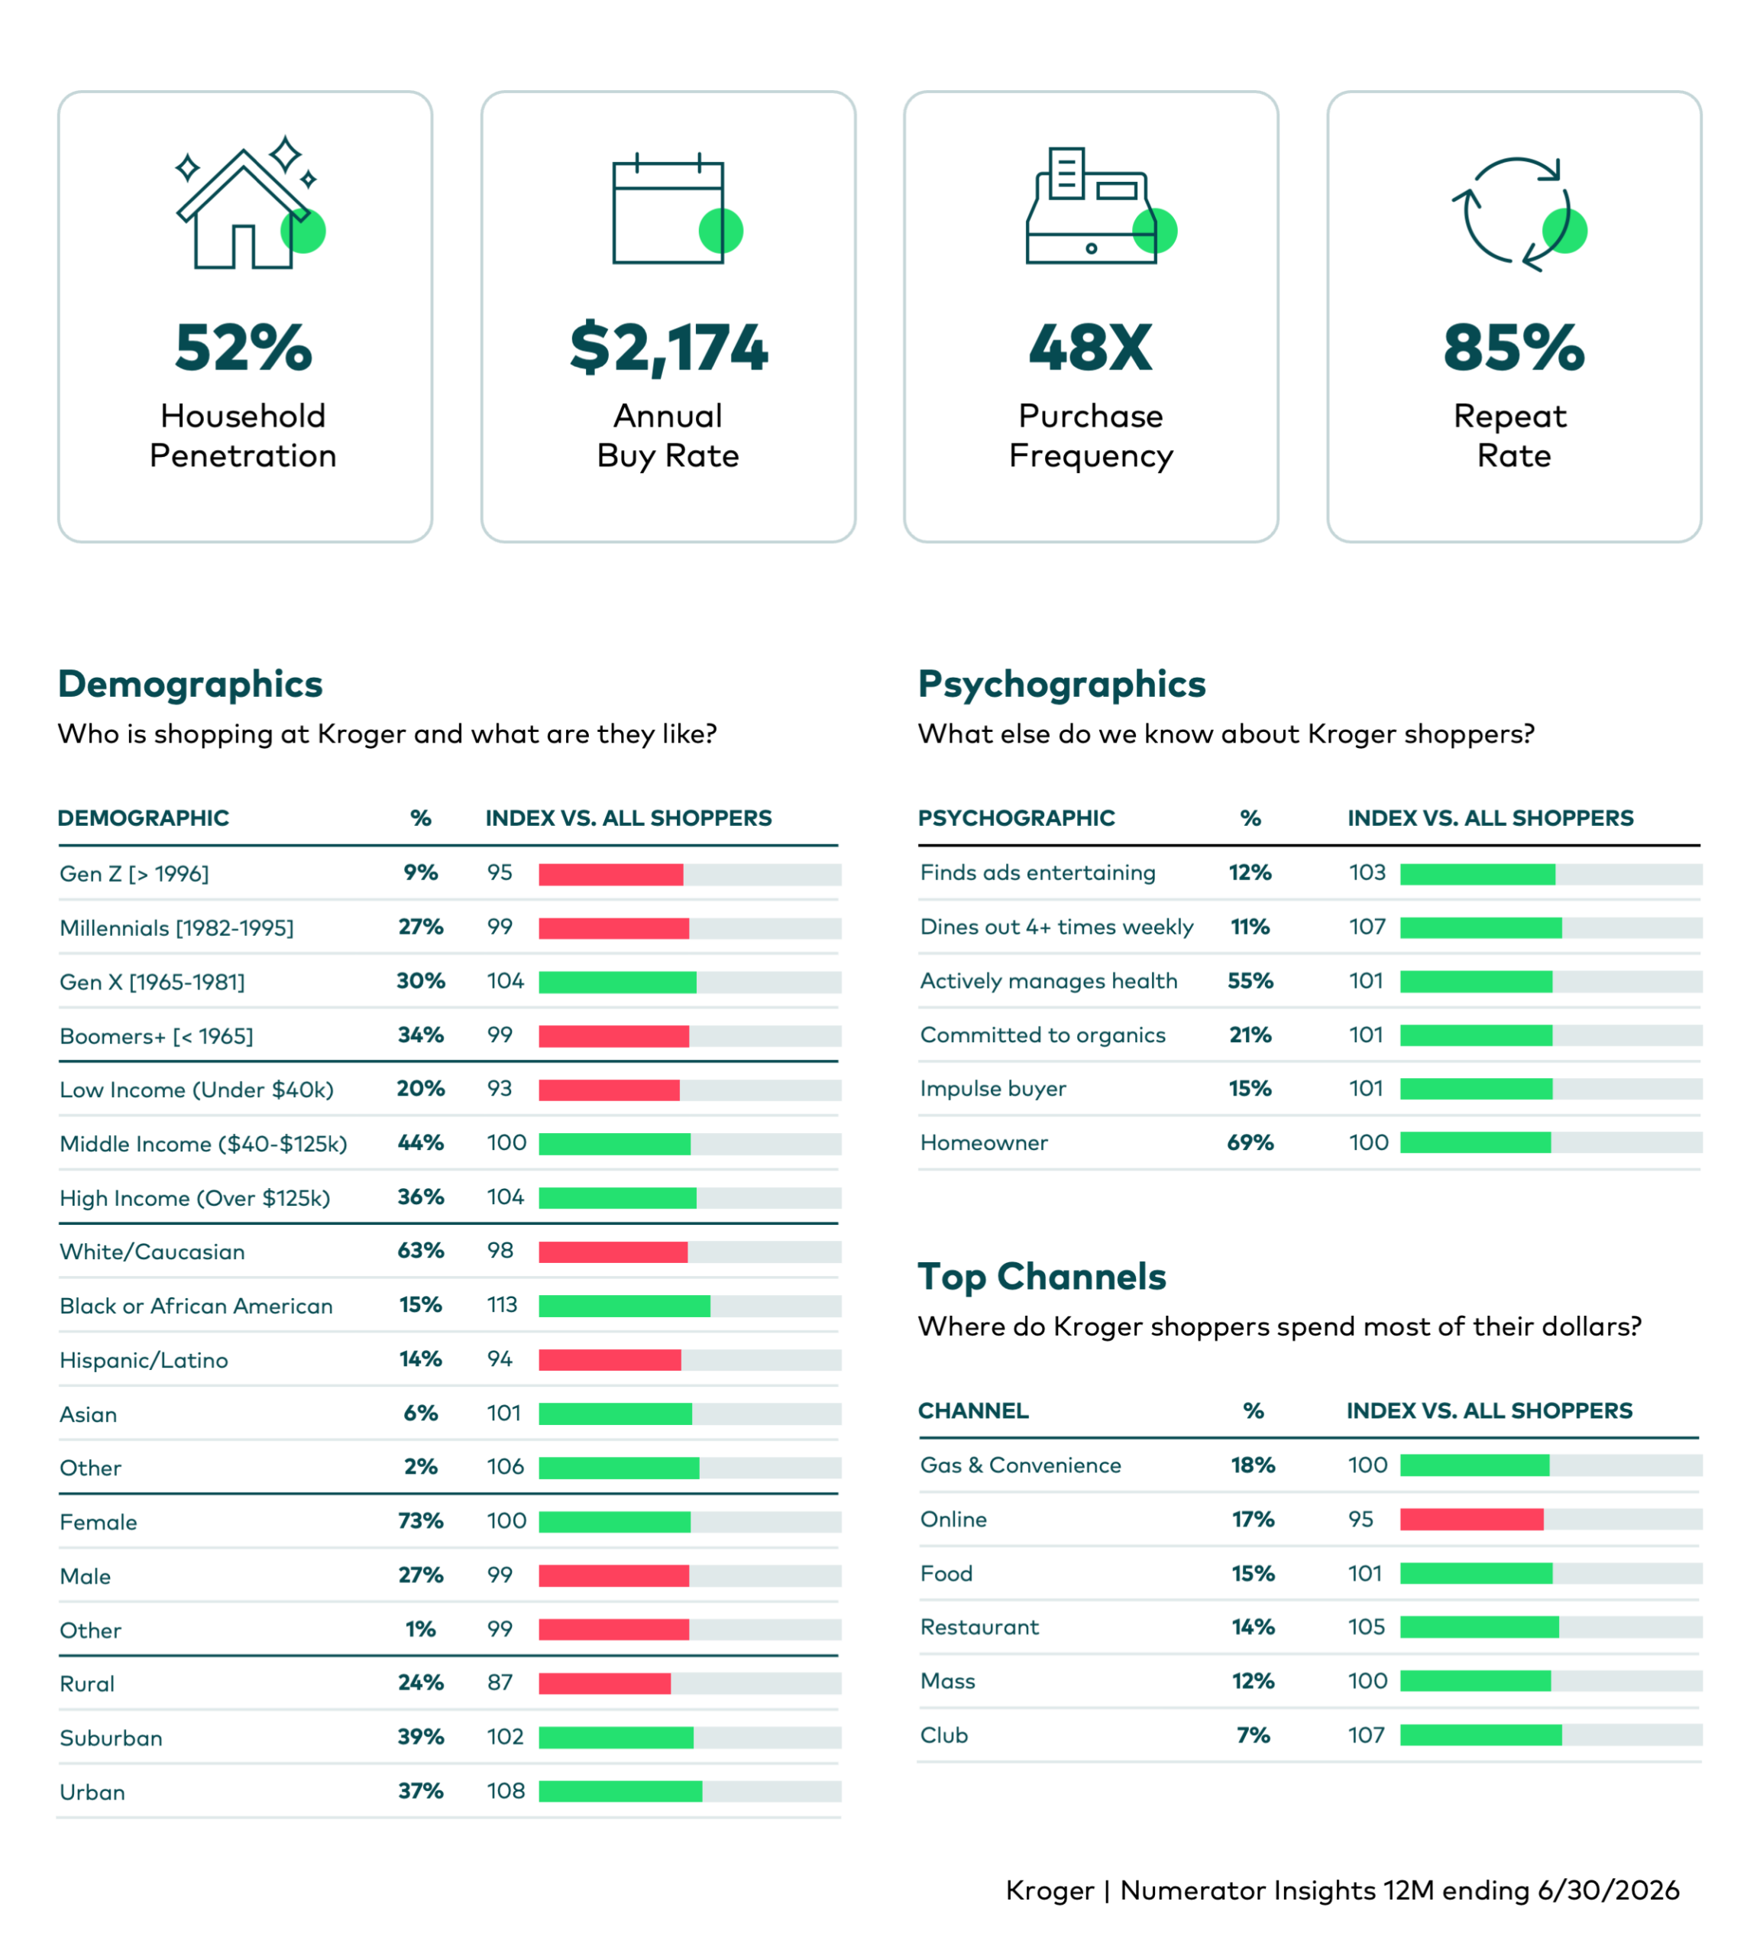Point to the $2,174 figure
[x=668, y=349]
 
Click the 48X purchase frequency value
[x=1091, y=348]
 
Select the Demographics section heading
[x=190, y=684]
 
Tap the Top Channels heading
[x=1041, y=1277]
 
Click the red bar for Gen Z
[x=611, y=875]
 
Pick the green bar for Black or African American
[x=625, y=1306]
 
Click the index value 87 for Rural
[x=500, y=1682]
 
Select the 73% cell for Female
[x=421, y=1520]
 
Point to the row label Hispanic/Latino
[x=144, y=1360]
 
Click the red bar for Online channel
[x=1472, y=1519]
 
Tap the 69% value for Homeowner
[x=1250, y=1142]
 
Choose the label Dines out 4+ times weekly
[x=1057, y=927]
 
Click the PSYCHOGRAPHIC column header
[x=1016, y=818]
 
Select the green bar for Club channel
[x=1481, y=1735]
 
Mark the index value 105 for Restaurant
[x=1367, y=1627]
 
